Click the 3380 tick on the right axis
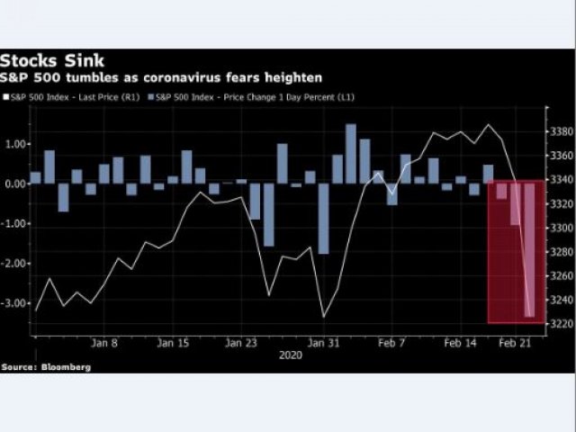(x=560, y=131)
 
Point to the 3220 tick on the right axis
(x=560, y=324)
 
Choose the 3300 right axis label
(x=560, y=228)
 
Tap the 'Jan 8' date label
(x=106, y=343)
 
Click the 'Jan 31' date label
(x=323, y=343)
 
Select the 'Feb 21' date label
(x=515, y=343)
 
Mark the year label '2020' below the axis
(x=291, y=355)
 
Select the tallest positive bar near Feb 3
(x=350, y=153)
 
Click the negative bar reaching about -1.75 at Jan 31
(x=323, y=218)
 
